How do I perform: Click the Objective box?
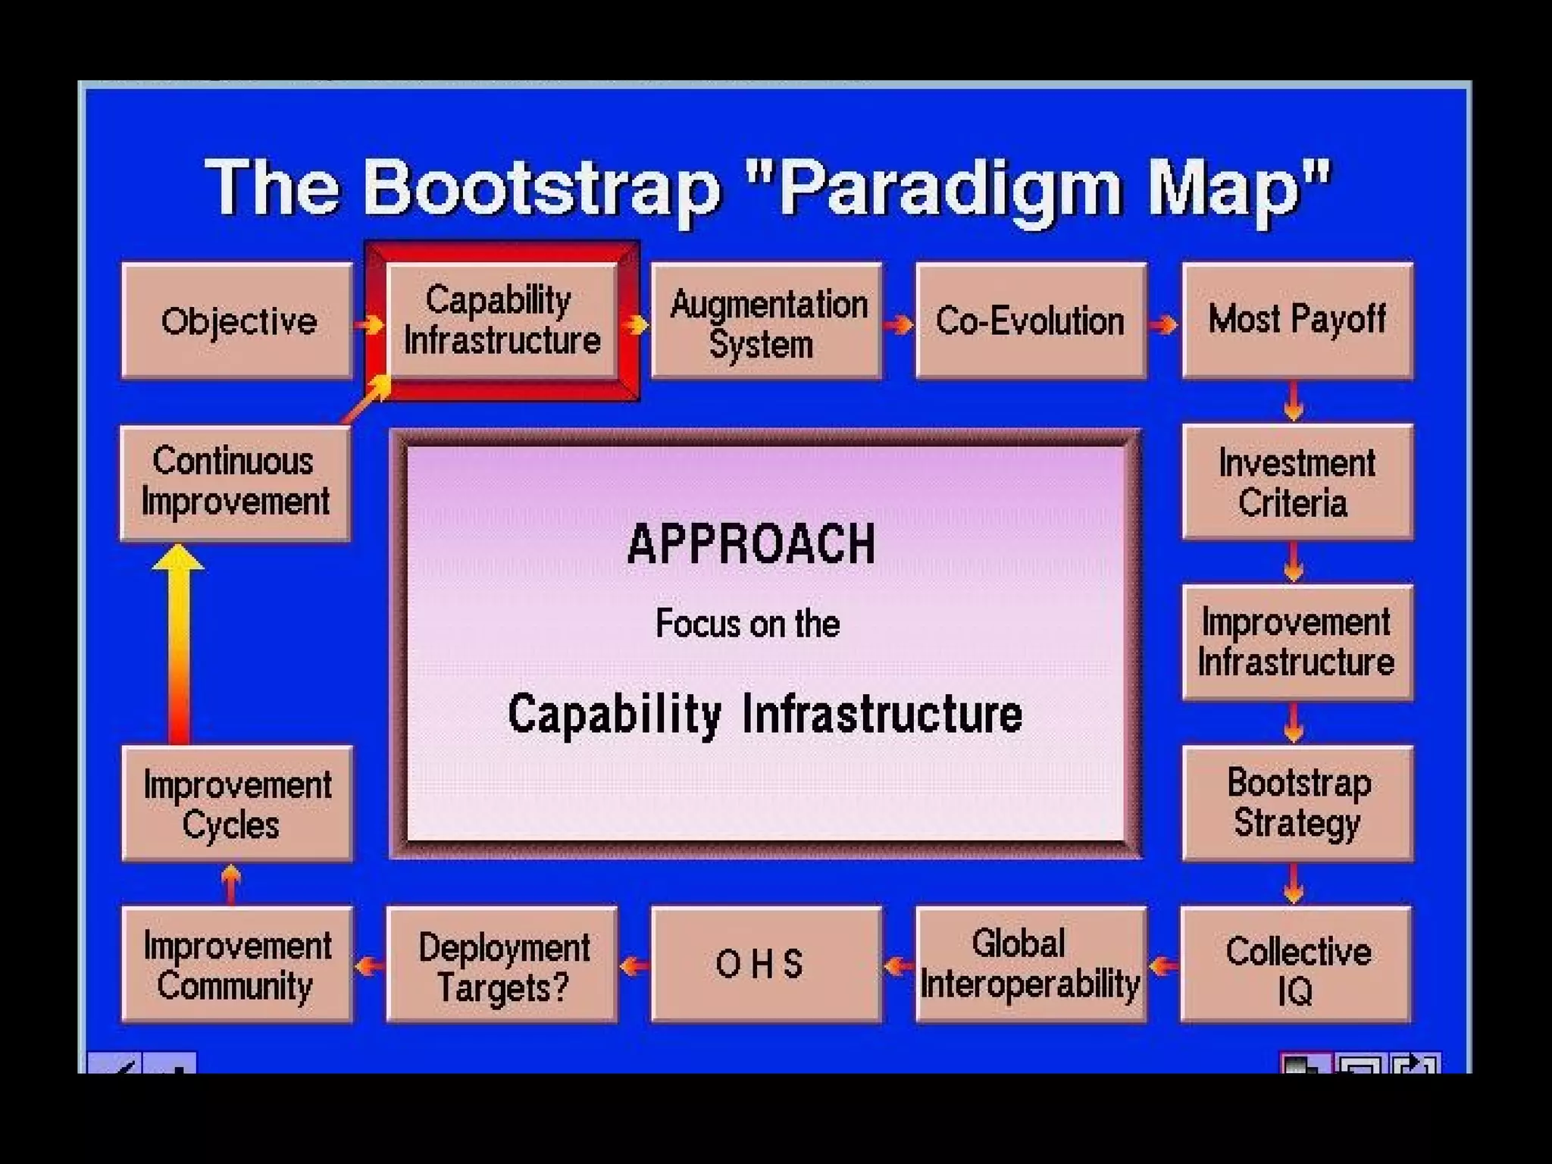point(237,321)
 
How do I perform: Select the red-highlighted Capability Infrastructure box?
point(502,321)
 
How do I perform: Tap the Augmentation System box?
point(766,321)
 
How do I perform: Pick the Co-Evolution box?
point(1031,321)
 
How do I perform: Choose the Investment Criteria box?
point(1297,482)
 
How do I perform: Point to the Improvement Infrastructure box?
point(1297,642)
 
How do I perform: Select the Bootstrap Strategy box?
point(1297,803)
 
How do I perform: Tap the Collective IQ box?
point(1297,965)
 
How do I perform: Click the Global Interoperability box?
point(1031,965)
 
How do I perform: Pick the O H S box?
point(766,965)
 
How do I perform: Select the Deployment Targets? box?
point(502,965)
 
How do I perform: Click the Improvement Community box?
point(237,965)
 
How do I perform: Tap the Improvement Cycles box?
point(237,803)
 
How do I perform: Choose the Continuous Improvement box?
point(236,483)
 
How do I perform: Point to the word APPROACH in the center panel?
point(751,544)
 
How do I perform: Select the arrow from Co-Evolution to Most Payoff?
point(1163,324)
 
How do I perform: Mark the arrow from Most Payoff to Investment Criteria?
point(1294,401)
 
